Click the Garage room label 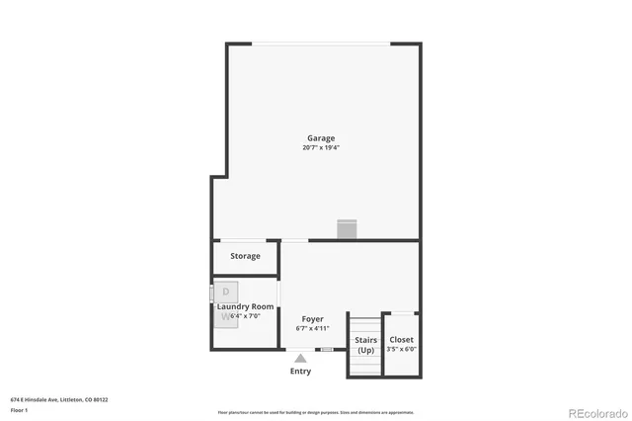(x=320, y=138)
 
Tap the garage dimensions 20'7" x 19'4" (x=321, y=148)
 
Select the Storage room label (x=246, y=256)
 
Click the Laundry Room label (x=245, y=306)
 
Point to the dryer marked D (x=225, y=292)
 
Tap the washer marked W (x=225, y=316)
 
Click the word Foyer (x=313, y=319)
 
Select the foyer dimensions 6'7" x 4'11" (x=313, y=328)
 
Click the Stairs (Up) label (x=365, y=345)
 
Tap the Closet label (x=401, y=339)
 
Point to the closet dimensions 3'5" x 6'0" (x=401, y=349)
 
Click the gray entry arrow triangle (x=300, y=358)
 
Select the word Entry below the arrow (x=300, y=372)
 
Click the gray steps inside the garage (x=346, y=229)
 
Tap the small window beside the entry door (x=326, y=350)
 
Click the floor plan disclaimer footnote (x=316, y=412)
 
